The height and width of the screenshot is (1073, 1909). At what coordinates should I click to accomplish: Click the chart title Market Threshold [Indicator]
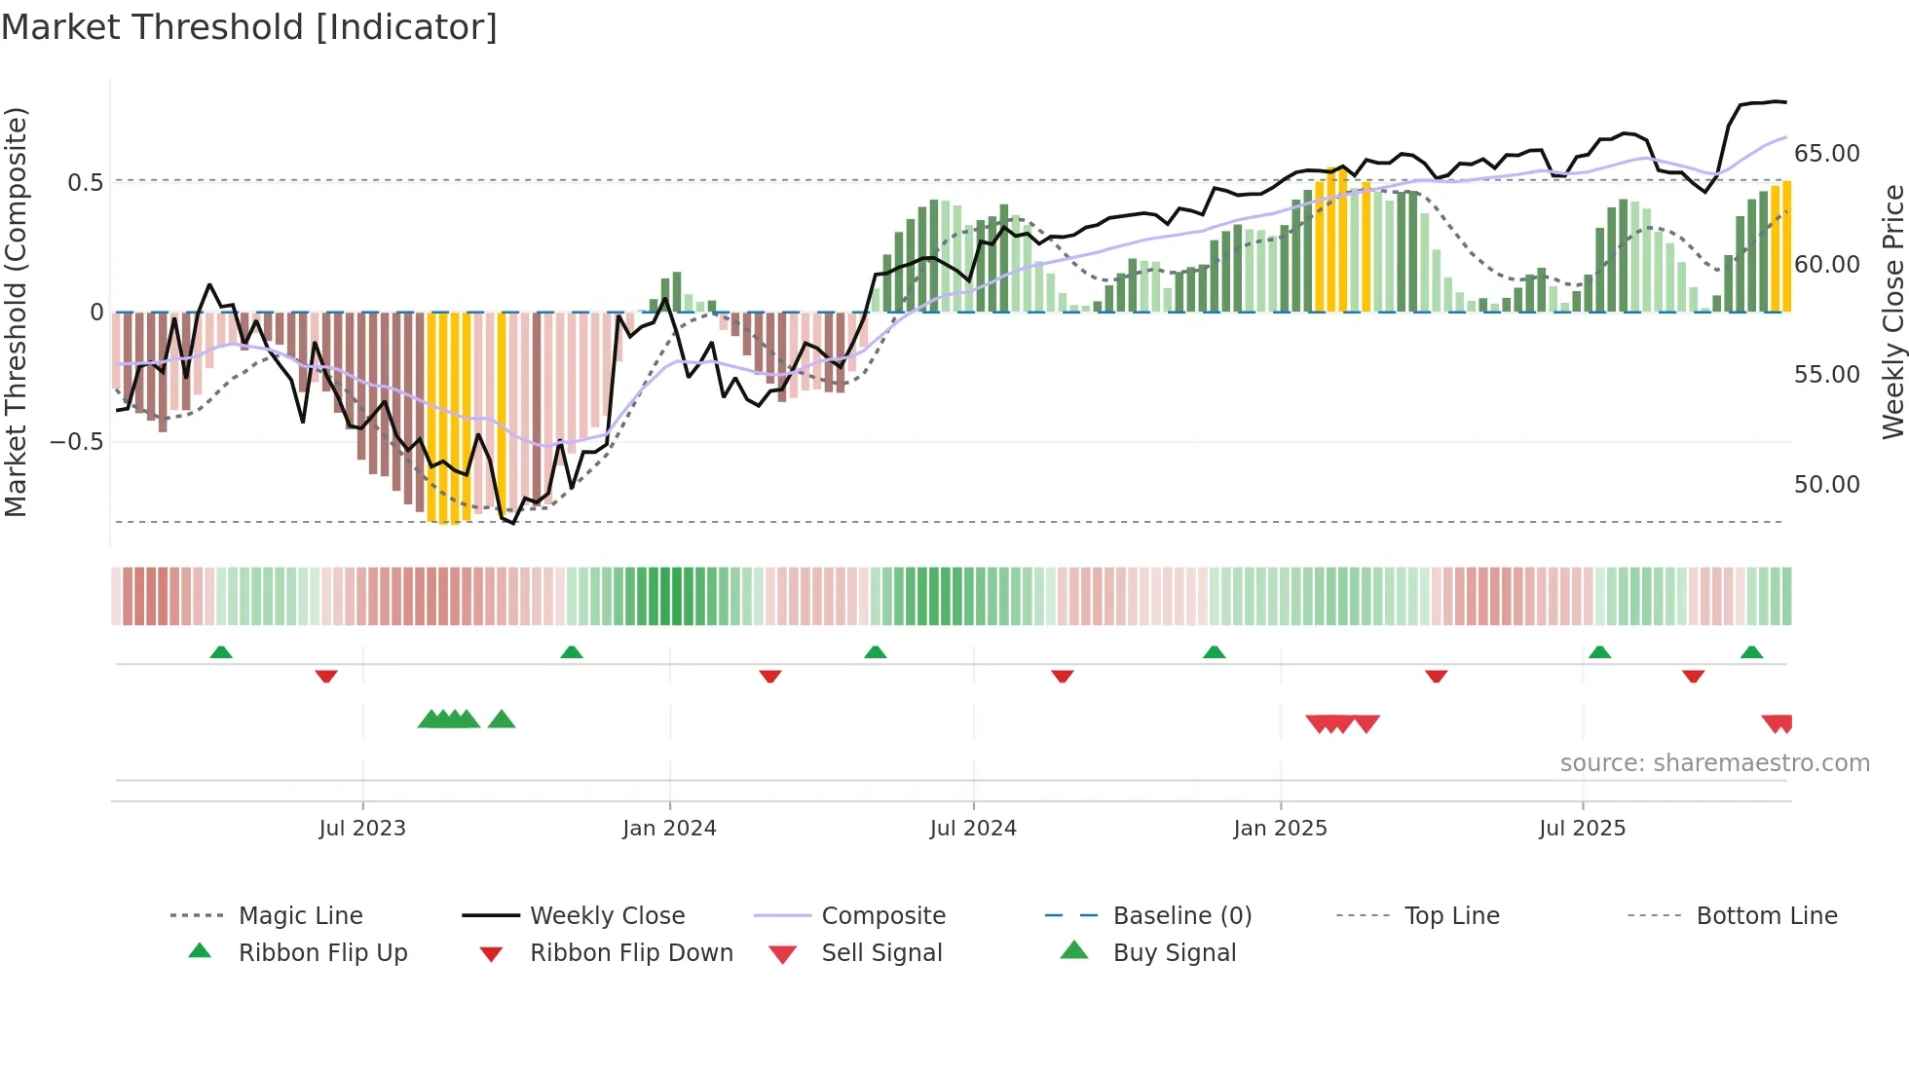pos(249,27)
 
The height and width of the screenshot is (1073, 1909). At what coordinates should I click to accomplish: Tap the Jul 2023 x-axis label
pos(361,829)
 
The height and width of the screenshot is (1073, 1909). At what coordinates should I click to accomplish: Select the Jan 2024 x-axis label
pos(669,829)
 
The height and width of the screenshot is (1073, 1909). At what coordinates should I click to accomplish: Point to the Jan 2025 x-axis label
pos(1280,829)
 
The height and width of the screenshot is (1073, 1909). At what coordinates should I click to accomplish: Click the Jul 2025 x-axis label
pos(1582,829)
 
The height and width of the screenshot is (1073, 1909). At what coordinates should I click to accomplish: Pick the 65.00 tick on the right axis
pos(1826,154)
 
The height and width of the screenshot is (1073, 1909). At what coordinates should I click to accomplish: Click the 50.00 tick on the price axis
pos(1826,485)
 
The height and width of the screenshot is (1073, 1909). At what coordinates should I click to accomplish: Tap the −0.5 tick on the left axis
pos(76,442)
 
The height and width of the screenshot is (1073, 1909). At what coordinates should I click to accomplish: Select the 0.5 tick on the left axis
pos(85,183)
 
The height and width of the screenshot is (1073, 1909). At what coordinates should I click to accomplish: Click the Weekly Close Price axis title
pos(1892,312)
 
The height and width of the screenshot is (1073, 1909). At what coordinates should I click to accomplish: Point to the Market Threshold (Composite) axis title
pos(16,312)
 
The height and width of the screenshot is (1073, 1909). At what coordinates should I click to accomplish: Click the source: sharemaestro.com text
pos(1714,763)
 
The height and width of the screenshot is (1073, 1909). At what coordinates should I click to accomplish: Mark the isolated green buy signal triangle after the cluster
pos(501,720)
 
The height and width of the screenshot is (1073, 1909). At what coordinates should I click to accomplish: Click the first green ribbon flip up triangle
pos(221,652)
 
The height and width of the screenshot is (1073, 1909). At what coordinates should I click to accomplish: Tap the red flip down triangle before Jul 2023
pos(326,676)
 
